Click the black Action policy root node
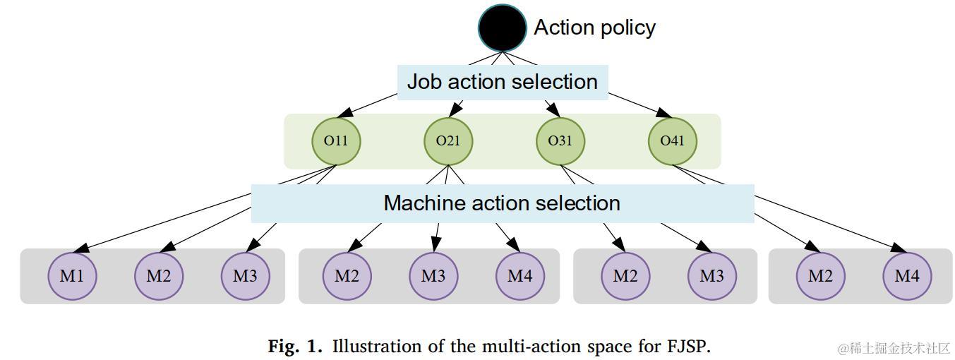coord(502,28)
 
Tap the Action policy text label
coord(594,28)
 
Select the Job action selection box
coord(502,82)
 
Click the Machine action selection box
coord(502,203)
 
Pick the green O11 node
coord(336,140)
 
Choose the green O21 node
coord(448,140)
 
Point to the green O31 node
coord(560,140)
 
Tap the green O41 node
coord(672,140)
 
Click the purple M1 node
coord(72,276)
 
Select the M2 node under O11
coord(158,276)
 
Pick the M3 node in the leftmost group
coord(245,276)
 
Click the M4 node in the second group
coord(519,276)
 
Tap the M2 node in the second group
coord(347,276)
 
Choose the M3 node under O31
coord(711,276)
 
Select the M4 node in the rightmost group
coord(907,276)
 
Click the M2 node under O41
coord(820,276)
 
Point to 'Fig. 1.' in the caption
coord(294,347)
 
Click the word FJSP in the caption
coord(687,347)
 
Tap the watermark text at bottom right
coord(894,348)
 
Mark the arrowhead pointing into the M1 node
coord(83,248)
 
